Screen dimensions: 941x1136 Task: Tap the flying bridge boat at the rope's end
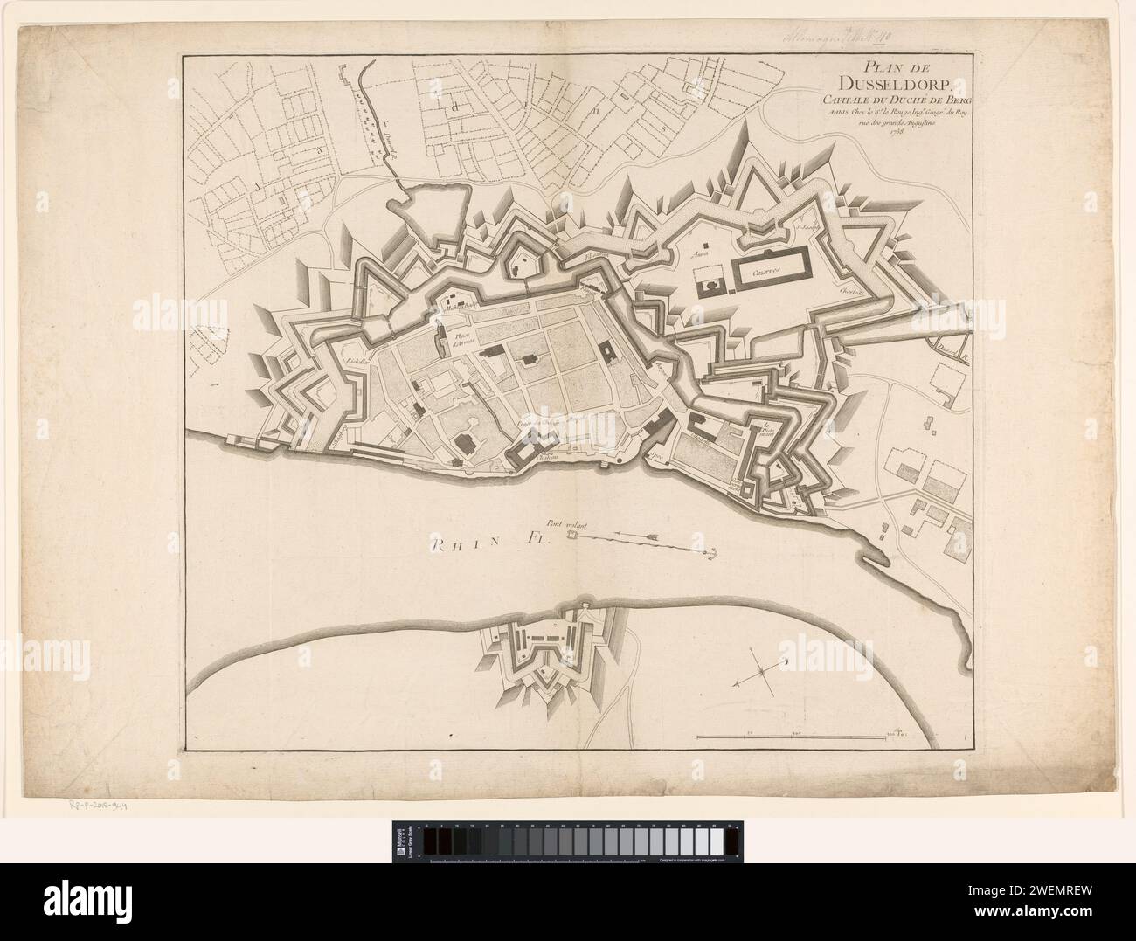coord(572,536)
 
